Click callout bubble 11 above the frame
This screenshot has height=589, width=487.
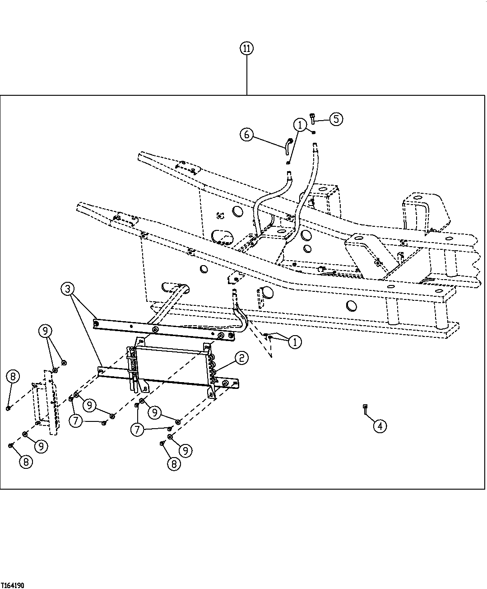click(247, 48)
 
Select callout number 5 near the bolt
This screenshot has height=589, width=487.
click(336, 119)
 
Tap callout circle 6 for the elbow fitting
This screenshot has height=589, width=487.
click(246, 135)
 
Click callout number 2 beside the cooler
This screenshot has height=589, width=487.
click(241, 359)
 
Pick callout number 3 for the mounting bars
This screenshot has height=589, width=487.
click(68, 289)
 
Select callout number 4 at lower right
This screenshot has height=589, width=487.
click(380, 425)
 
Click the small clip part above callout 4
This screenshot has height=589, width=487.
click(365, 408)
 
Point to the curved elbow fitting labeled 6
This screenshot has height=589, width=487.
click(288, 145)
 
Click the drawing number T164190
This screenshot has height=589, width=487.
click(12, 585)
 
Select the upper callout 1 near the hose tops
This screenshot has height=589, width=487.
click(300, 125)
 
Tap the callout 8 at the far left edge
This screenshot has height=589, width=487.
click(13, 376)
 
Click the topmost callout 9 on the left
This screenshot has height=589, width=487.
click(45, 331)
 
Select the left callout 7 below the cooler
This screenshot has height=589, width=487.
click(76, 421)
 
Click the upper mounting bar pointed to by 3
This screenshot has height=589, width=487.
click(162, 328)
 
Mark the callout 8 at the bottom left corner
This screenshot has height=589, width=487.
click(26, 462)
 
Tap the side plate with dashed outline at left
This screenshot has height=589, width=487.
click(51, 402)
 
